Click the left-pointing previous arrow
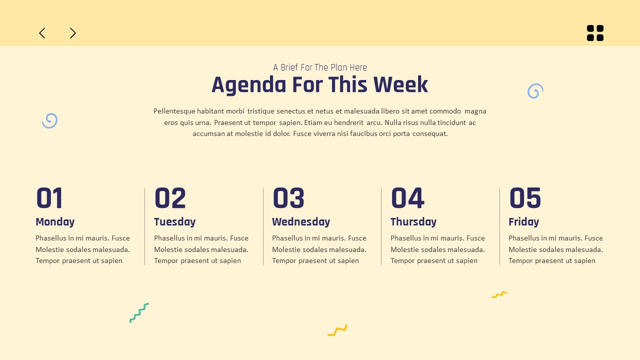(42, 33)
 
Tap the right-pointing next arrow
(73, 33)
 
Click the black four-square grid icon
(595, 33)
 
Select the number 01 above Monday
(49, 198)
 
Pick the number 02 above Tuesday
(170, 198)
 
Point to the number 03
(288, 198)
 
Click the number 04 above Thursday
(407, 198)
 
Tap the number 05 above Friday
(525, 198)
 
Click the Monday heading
(55, 222)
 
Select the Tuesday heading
(174, 222)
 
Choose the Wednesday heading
(301, 222)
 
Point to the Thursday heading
(413, 222)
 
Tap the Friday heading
(523, 222)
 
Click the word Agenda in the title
(249, 85)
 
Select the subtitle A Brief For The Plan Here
(320, 67)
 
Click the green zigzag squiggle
(139, 312)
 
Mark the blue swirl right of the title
(535, 91)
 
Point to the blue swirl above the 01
(49, 120)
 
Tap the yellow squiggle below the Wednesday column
(337, 330)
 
